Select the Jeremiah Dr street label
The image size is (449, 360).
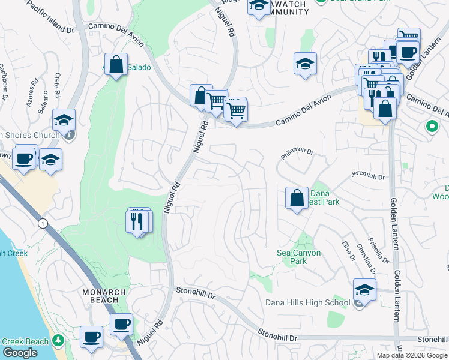(367, 176)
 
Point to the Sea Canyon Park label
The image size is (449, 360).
(298, 257)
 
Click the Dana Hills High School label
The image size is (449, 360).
(307, 302)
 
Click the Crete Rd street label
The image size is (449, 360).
(58, 86)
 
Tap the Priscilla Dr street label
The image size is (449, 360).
(381, 249)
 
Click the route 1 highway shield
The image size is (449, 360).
(42, 223)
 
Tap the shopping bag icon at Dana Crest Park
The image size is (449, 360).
(297, 197)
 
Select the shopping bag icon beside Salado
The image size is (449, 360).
(116, 64)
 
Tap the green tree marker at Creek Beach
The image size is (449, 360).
(58, 341)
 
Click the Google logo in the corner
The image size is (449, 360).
(20, 353)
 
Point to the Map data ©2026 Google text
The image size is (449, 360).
(411, 355)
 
